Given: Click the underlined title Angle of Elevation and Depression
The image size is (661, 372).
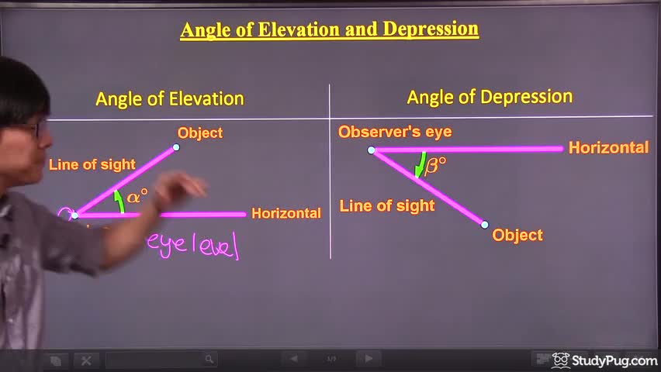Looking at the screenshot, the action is (329, 30).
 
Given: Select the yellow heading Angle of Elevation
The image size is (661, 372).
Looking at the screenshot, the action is (170, 99).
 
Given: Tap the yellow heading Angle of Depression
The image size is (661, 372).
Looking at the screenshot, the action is (490, 98).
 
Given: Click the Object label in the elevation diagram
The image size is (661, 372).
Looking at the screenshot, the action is (200, 133).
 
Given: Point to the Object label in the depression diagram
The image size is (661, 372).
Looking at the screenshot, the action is (517, 235).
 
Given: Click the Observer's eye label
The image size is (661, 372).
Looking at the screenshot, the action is (395, 132).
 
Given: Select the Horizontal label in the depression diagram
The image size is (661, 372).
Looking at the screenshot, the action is (608, 147).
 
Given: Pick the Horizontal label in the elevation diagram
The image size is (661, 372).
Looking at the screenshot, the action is (286, 213).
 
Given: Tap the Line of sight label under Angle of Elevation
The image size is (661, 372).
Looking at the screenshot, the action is (92, 164).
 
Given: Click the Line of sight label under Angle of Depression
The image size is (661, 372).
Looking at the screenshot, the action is (387, 206).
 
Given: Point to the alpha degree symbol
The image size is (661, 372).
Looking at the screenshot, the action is (137, 196).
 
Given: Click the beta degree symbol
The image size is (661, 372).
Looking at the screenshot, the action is (435, 166).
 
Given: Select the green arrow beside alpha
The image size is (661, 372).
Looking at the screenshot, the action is (119, 201).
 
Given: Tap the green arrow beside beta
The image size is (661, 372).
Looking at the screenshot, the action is (420, 164).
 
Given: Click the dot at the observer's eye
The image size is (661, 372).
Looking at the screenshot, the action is (371, 150).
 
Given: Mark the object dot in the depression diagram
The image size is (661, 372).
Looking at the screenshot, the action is (485, 225).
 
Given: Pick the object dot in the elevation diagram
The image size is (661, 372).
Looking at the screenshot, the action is (176, 147).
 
